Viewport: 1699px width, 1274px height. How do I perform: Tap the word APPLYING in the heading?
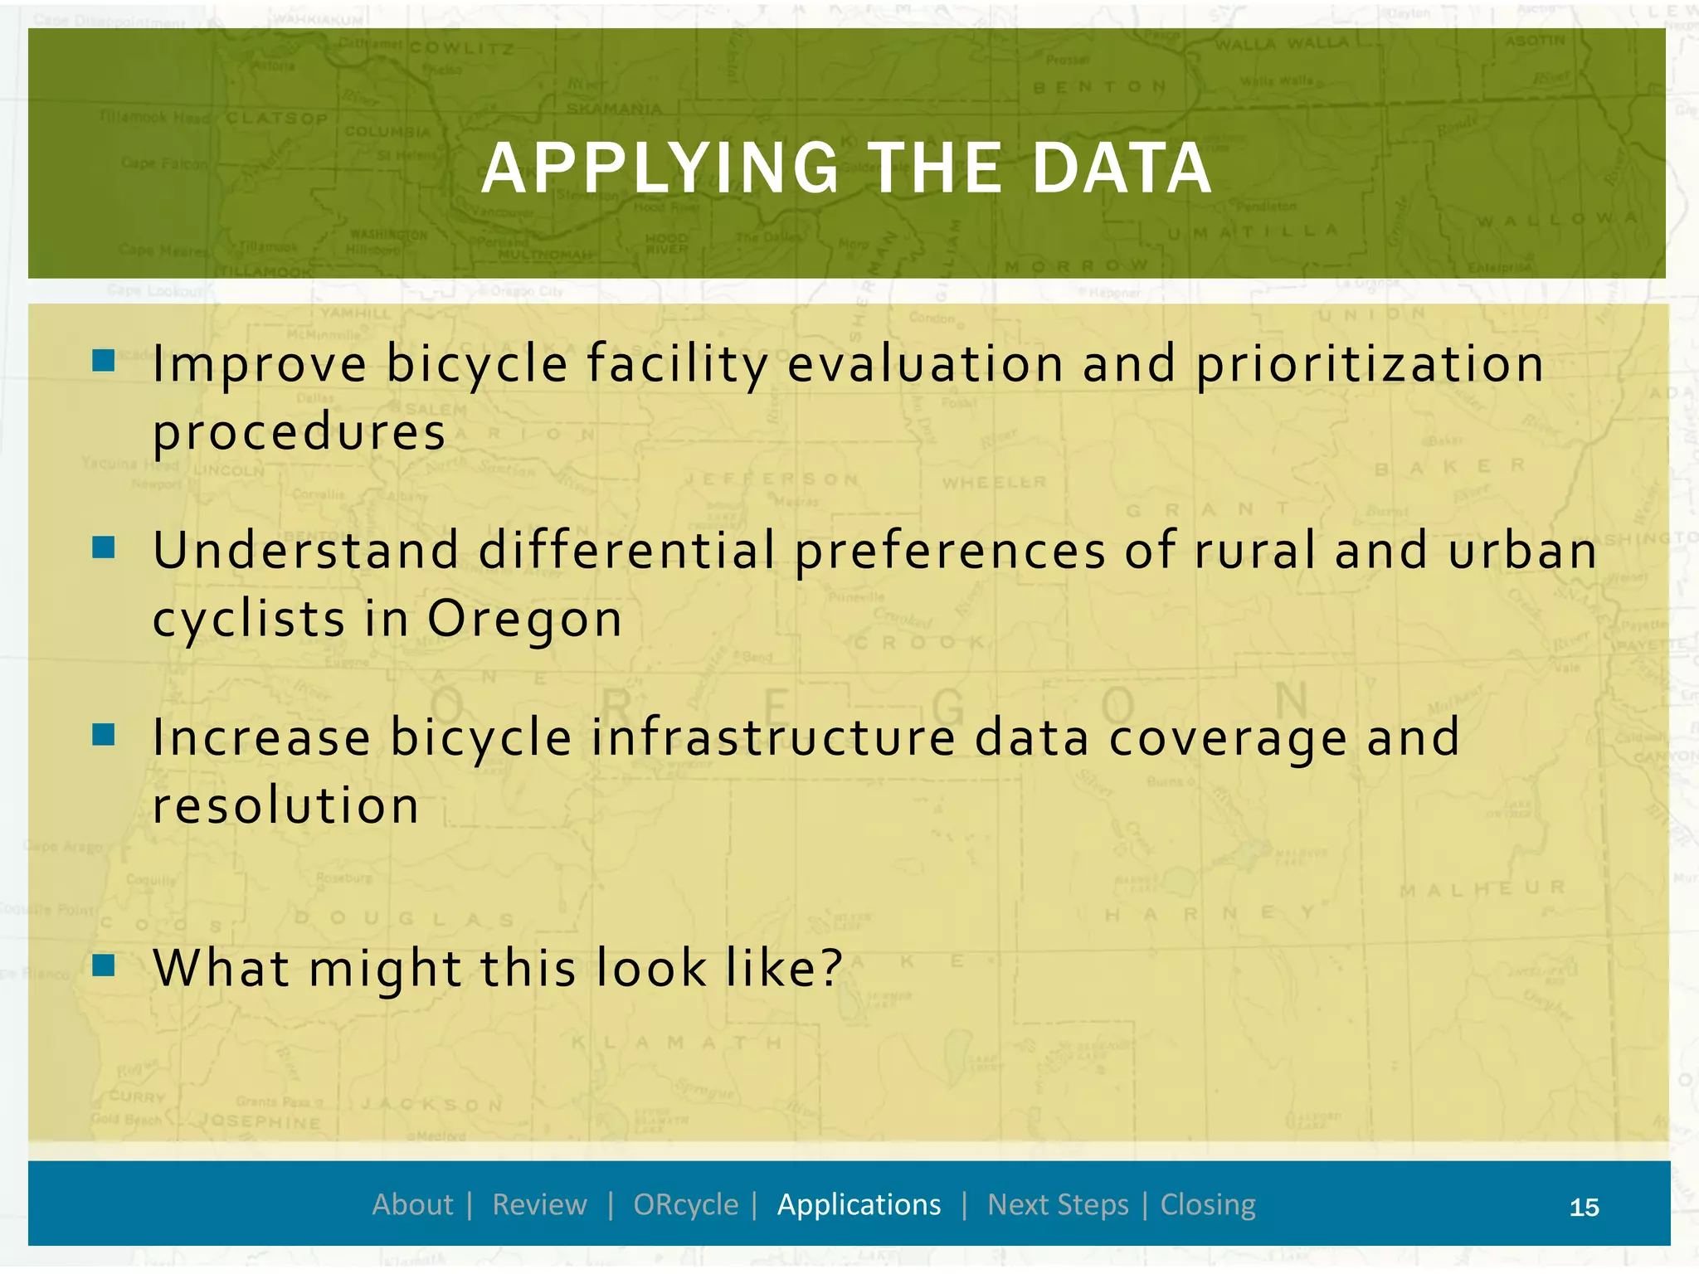660,169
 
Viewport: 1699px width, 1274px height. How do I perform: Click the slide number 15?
1584,1207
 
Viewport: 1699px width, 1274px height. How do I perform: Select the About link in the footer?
412,1204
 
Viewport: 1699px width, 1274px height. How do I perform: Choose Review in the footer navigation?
539,1204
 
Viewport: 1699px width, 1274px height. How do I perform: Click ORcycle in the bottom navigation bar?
685,1204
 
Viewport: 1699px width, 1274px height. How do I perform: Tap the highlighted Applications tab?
859,1204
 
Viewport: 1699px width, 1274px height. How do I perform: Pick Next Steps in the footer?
1058,1204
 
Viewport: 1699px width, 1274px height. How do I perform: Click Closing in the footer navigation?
1208,1204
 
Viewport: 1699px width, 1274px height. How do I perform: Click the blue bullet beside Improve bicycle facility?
104,360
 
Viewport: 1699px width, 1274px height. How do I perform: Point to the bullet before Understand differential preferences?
104,547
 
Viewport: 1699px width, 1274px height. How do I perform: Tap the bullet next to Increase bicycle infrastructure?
104,734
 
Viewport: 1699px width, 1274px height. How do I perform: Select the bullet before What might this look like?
104,965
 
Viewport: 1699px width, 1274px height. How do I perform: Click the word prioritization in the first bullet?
1370,365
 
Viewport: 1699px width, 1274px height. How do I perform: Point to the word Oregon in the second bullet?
524,620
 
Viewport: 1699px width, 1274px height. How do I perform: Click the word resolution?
285,806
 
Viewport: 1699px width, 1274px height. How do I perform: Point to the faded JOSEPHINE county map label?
260,1121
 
